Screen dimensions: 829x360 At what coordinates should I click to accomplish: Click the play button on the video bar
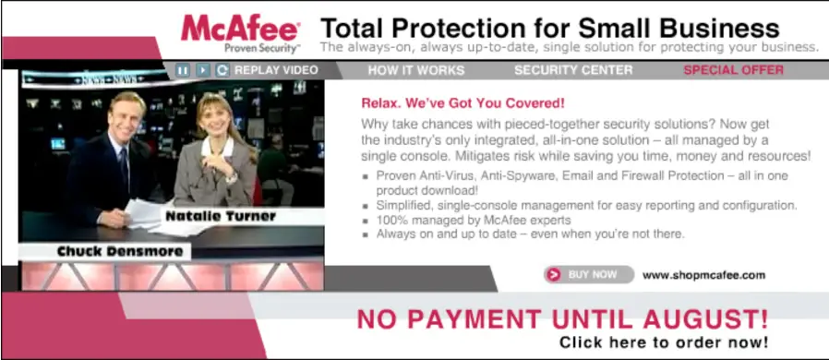point(203,70)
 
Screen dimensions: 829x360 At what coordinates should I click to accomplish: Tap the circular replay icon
point(222,70)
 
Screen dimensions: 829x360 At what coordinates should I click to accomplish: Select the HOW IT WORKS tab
point(416,70)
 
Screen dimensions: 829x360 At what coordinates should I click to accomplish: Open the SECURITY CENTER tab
point(573,70)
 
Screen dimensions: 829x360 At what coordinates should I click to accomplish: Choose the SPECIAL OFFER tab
point(733,70)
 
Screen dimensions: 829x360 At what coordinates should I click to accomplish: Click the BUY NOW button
point(589,274)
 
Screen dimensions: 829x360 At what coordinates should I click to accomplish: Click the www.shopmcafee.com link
point(703,275)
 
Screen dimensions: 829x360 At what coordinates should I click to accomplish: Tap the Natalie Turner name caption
point(221,216)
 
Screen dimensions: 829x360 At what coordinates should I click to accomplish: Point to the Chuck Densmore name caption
point(119,252)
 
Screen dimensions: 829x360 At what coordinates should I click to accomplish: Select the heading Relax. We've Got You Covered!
point(463,102)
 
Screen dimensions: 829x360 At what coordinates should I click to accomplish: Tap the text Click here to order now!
point(664,342)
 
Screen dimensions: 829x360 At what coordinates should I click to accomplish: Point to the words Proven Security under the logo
point(261,49)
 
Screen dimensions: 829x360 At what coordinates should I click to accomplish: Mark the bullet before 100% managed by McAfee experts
point(365,221)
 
